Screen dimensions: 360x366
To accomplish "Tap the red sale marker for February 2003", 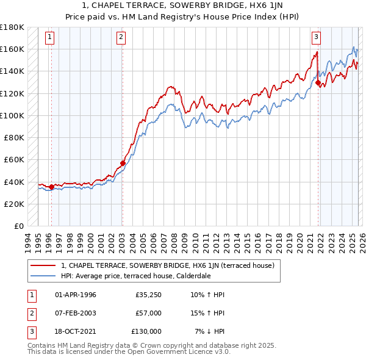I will point(123,163).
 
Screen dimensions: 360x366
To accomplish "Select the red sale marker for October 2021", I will point(318,82).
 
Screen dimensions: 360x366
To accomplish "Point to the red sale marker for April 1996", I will point(51,187).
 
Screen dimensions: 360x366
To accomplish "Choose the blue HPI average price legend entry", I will point(135,276).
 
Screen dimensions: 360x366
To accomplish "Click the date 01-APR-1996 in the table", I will point(75,295).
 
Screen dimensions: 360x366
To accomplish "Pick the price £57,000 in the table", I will point(148,313).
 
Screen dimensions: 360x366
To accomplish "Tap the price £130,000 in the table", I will point(146,331).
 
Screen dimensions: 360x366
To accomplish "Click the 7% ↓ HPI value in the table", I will point(209,331).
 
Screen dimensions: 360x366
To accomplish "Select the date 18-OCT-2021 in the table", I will point(76,331).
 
